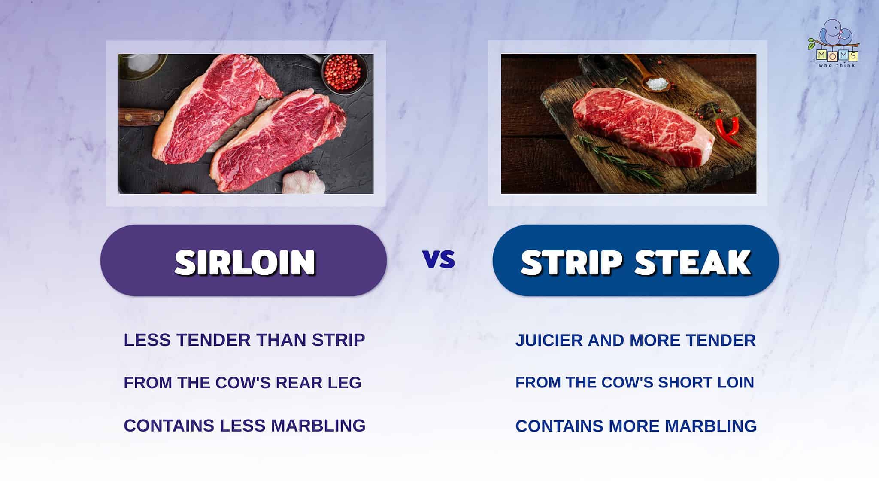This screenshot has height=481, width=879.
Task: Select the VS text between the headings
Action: click(439, 260)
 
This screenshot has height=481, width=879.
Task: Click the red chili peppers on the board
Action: click(727, 129)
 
